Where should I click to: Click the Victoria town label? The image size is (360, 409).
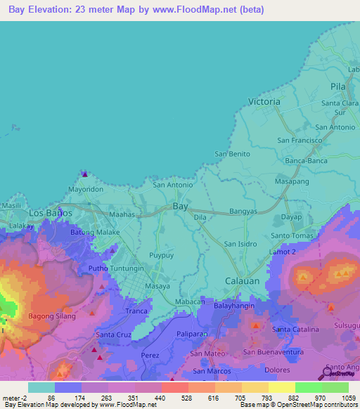point(264,102)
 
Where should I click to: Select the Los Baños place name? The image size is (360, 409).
point(50,213)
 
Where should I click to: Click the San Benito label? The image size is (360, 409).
point(232,154)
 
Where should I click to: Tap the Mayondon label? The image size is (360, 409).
point(86,190)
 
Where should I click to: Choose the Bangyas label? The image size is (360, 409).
point(243,211)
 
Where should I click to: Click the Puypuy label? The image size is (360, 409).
point(161,257)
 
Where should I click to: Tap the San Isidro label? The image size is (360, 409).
point(240,244)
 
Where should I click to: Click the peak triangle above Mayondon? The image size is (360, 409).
point(84,174)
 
